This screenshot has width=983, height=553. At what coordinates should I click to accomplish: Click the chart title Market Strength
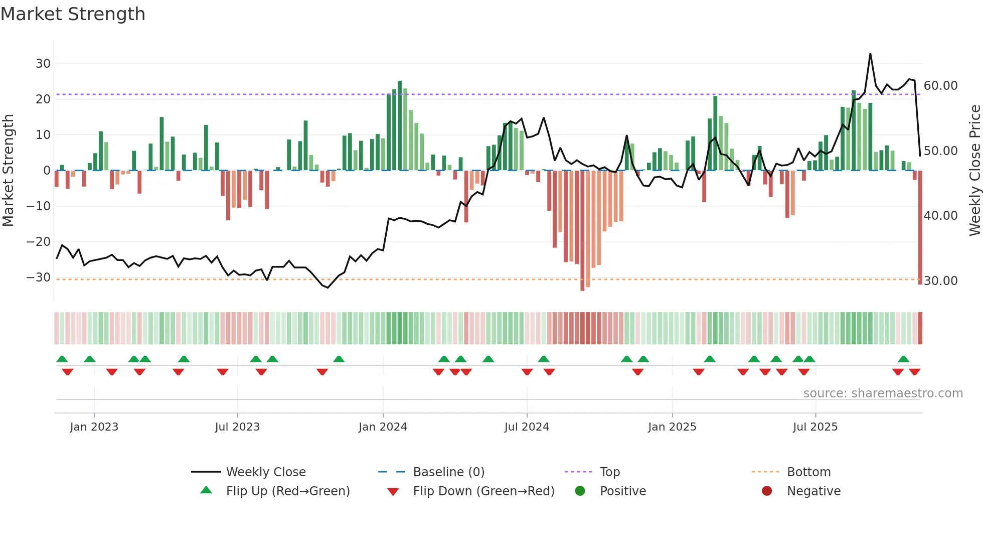[73, 14]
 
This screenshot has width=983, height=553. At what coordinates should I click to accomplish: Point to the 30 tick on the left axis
[43, 64]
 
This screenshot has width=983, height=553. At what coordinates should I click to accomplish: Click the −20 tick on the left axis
[39, 242]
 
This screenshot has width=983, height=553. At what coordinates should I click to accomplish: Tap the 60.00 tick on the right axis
[940, 86]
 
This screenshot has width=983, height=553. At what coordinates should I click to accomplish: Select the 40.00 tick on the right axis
[940, 216]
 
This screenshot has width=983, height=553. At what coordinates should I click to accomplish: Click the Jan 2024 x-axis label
[383, 427]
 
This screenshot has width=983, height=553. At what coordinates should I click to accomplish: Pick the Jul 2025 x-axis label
[815, 427]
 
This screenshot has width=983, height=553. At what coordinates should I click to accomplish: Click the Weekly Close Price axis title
[974, 171]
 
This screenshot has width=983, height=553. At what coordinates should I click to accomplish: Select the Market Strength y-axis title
[8, 171]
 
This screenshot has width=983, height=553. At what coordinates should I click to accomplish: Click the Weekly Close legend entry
[266, 472]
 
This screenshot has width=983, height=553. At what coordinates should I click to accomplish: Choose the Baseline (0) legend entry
[448, 472]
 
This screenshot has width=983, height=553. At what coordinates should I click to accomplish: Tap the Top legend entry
[610, 472]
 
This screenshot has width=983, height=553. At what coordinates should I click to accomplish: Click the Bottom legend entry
[808, 472]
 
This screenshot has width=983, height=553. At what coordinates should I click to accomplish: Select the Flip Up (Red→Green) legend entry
[287, 491]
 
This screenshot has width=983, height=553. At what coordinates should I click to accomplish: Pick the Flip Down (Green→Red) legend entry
[483, 491]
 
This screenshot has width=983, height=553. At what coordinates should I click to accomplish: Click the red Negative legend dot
[767, 491]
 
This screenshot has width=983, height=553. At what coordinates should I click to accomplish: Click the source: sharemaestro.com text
[883, 393]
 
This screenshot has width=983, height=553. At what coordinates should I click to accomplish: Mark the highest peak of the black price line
[870, 54]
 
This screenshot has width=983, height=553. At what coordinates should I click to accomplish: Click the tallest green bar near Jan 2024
[400, 125]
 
